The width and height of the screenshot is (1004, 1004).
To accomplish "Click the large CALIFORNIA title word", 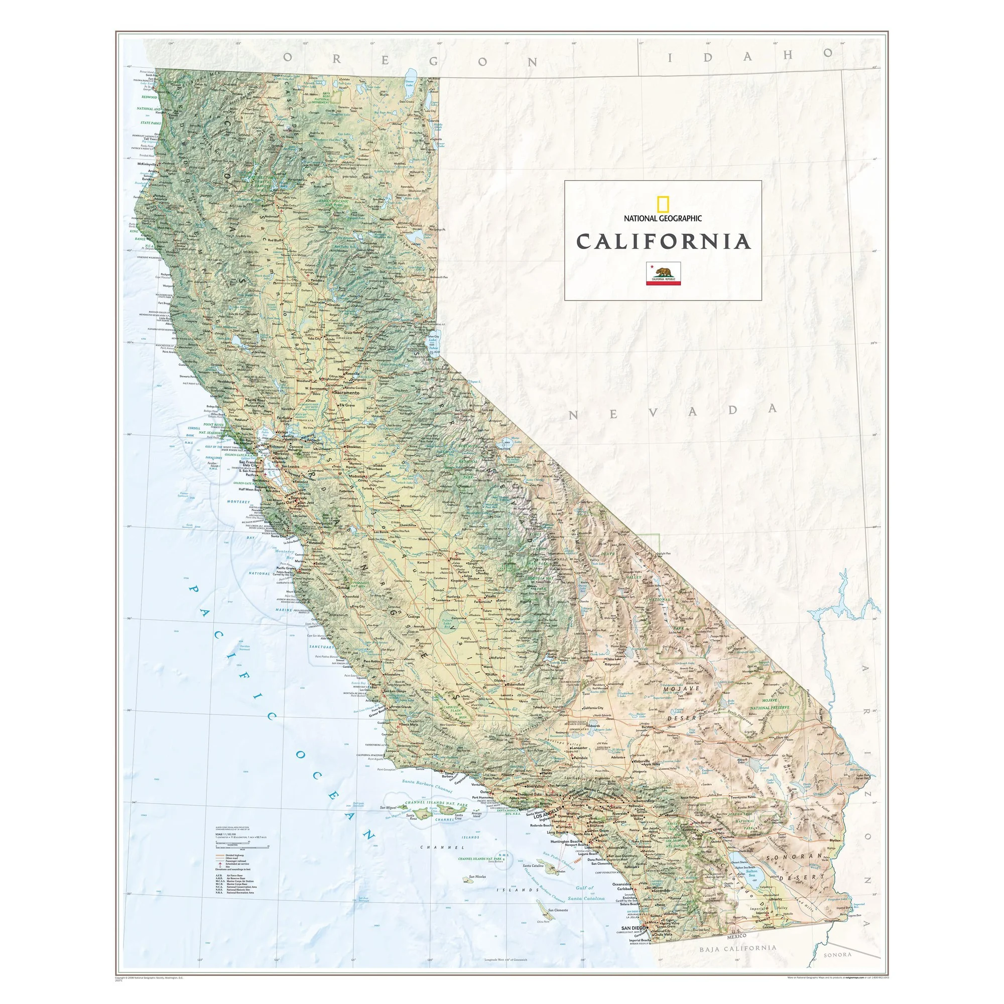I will (x=663, y=241).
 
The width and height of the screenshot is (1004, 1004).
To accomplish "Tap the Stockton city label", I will (x=353, y=446).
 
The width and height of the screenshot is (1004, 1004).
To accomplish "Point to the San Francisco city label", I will (x=249, y=462).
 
